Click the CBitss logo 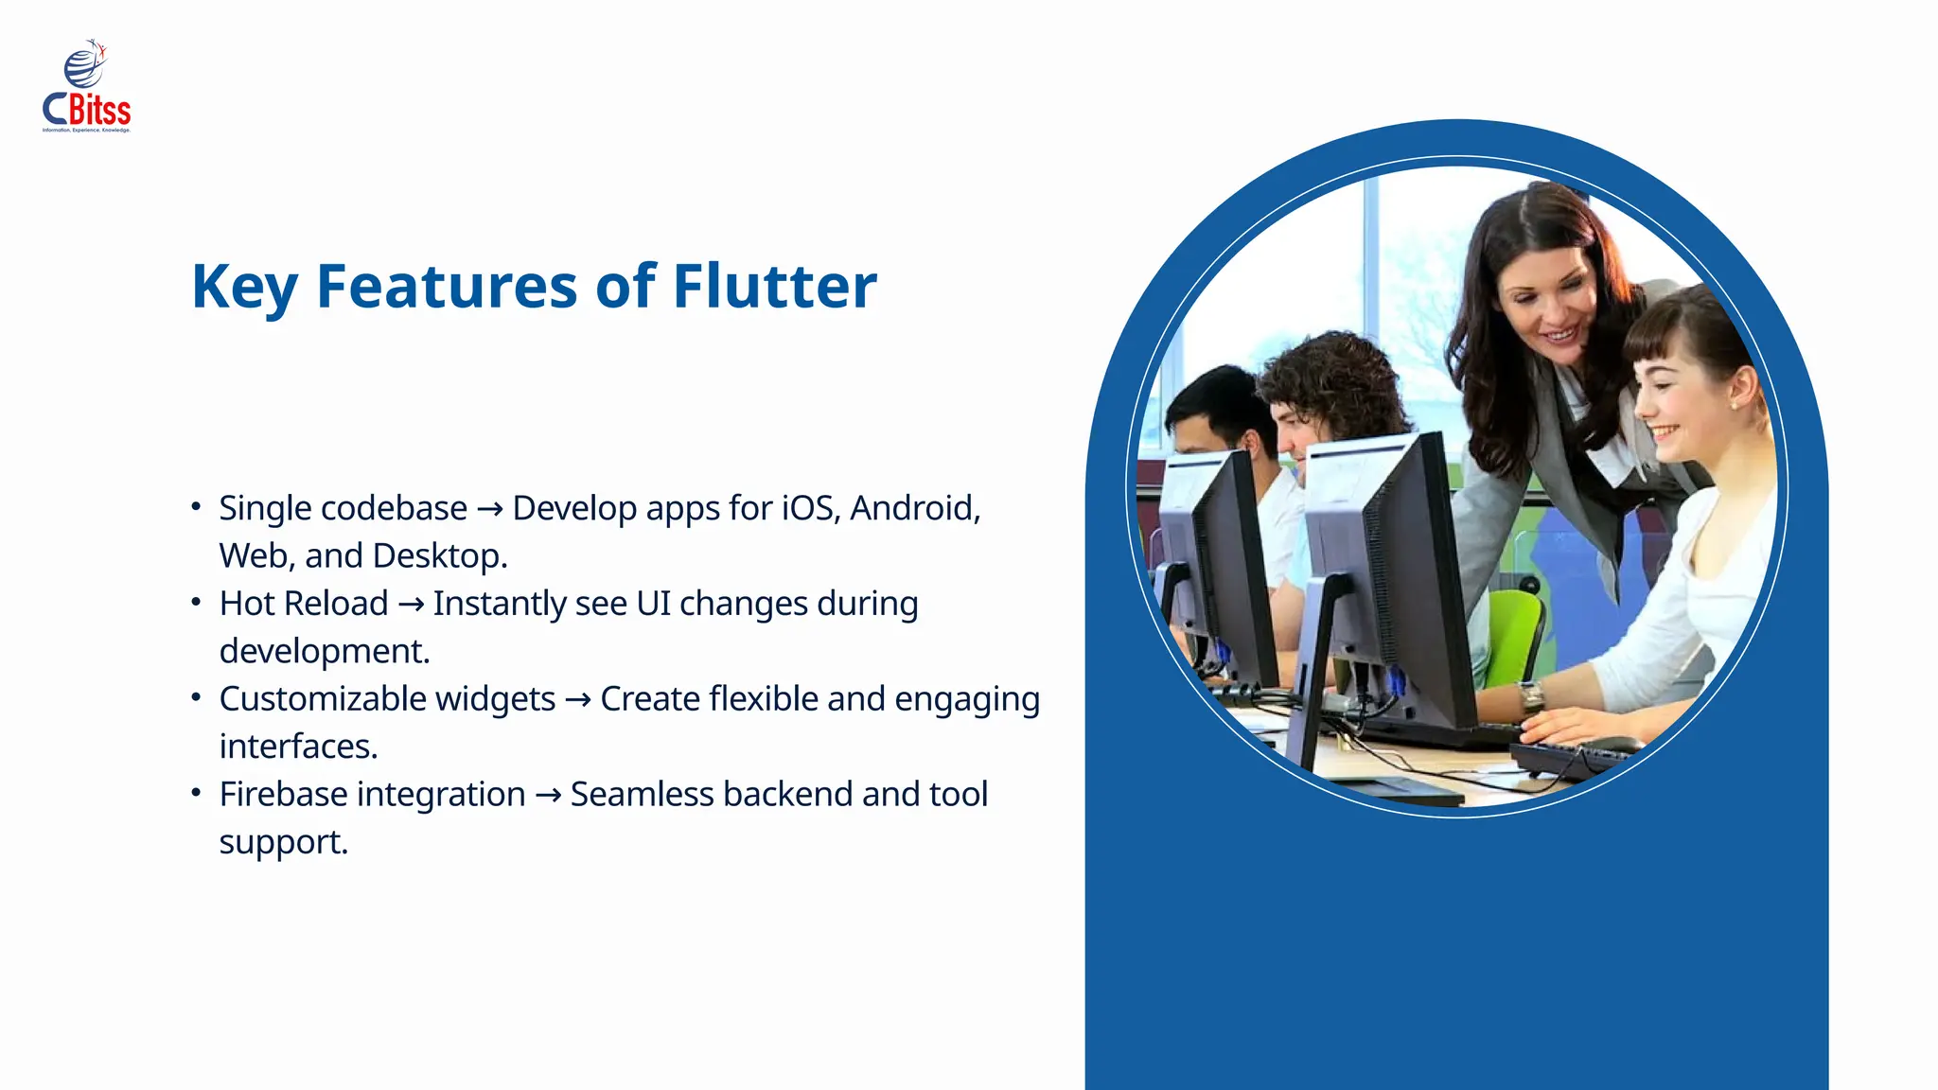(x=86, y=87)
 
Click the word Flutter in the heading (x=774, y=286)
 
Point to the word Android (x=914, y=508)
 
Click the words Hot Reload (x=304, y=604)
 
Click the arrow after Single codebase (x=490, y=510)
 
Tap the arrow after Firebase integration (x=548, y=796)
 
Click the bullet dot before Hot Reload (x=196, y=602)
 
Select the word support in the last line (x=283, y=842)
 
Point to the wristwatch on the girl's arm (x=1531, y=698)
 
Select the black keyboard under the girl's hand (x=1571, y=757)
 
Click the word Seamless (x=642, y=794)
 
